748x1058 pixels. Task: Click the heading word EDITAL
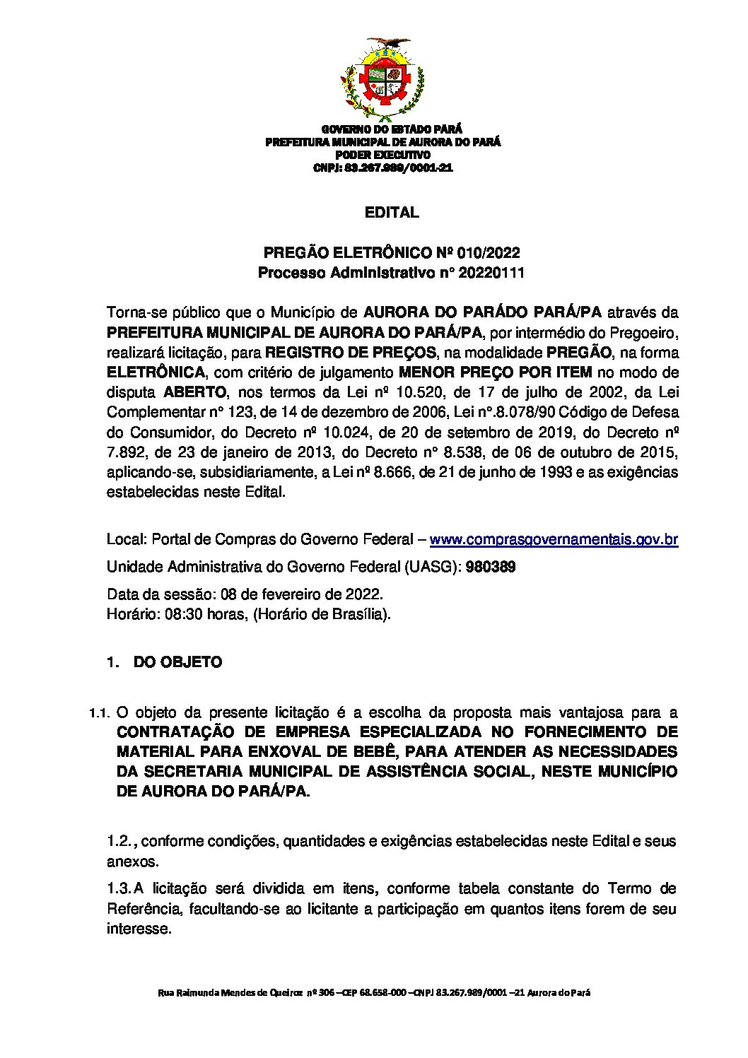392,212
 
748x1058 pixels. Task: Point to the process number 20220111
491,273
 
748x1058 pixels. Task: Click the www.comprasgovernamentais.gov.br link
554,540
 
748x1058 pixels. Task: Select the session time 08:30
180,613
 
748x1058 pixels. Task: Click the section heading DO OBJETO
177,662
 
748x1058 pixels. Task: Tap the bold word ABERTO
195,392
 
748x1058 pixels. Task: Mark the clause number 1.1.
100,712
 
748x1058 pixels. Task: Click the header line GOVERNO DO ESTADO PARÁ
392,129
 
